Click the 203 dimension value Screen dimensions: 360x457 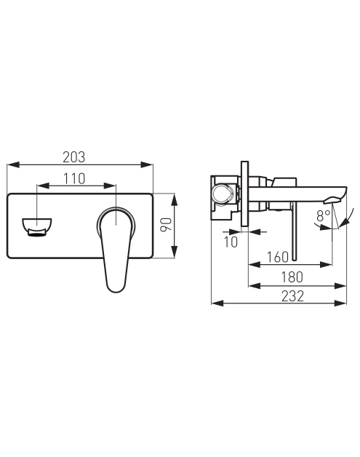(74, 157)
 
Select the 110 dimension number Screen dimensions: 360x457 (74, 179)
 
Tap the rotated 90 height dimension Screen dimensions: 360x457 (167, 224)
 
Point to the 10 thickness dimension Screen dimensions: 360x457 (231, 242)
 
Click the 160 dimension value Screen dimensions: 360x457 (278, 257)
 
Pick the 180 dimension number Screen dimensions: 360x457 (292, 277)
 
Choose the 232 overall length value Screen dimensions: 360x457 (292, 296)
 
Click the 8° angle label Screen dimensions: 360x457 (323, 216)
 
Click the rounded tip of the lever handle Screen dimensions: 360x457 (116, 288)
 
